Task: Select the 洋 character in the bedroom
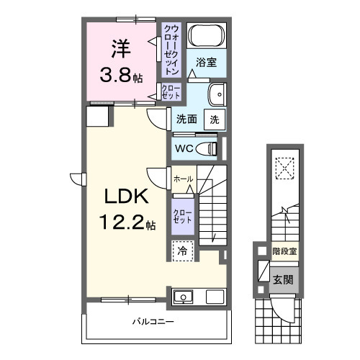(x=120, y=50)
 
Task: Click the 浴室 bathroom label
(x=207, y=62)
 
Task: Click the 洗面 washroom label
(x=186, y=120)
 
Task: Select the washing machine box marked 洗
(x=215, y=120)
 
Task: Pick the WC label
(x=183, y=148)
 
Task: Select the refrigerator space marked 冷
(x=182, y=251)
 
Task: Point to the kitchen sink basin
(x=184, y=297)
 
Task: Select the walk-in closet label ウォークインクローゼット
(x=171, y=50)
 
